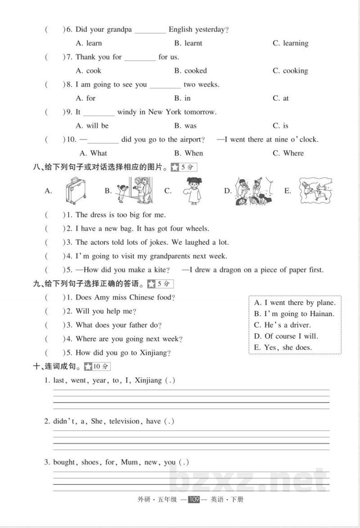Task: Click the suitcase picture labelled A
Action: tap(74, 191)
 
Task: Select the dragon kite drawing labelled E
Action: tap(317, 191)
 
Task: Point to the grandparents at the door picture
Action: tap(135, 191)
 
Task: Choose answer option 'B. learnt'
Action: tap(188, 43)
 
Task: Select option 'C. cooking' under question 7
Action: tap(290, 71)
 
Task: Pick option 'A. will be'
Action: tap(92, 125)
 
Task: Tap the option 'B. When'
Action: tap(189, 153)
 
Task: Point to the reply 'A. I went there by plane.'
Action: tap(294, 303)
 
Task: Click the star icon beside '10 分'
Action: tap(89, 367)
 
